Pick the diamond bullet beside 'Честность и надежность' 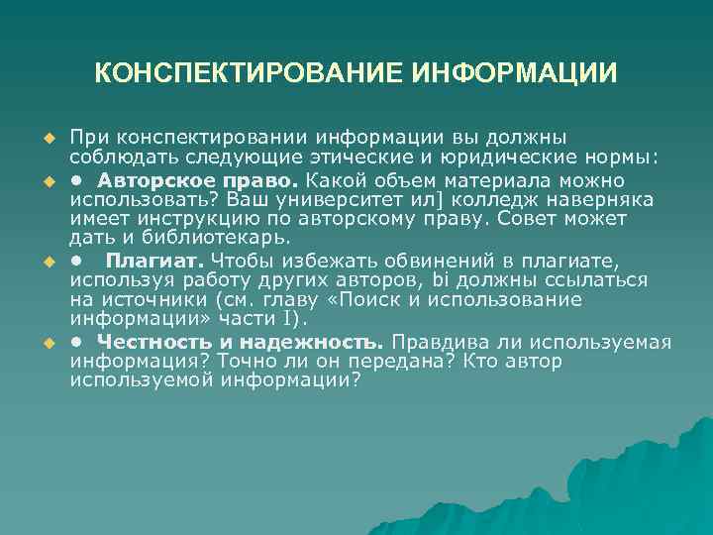pyautogui.click(x=47, y=344)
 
